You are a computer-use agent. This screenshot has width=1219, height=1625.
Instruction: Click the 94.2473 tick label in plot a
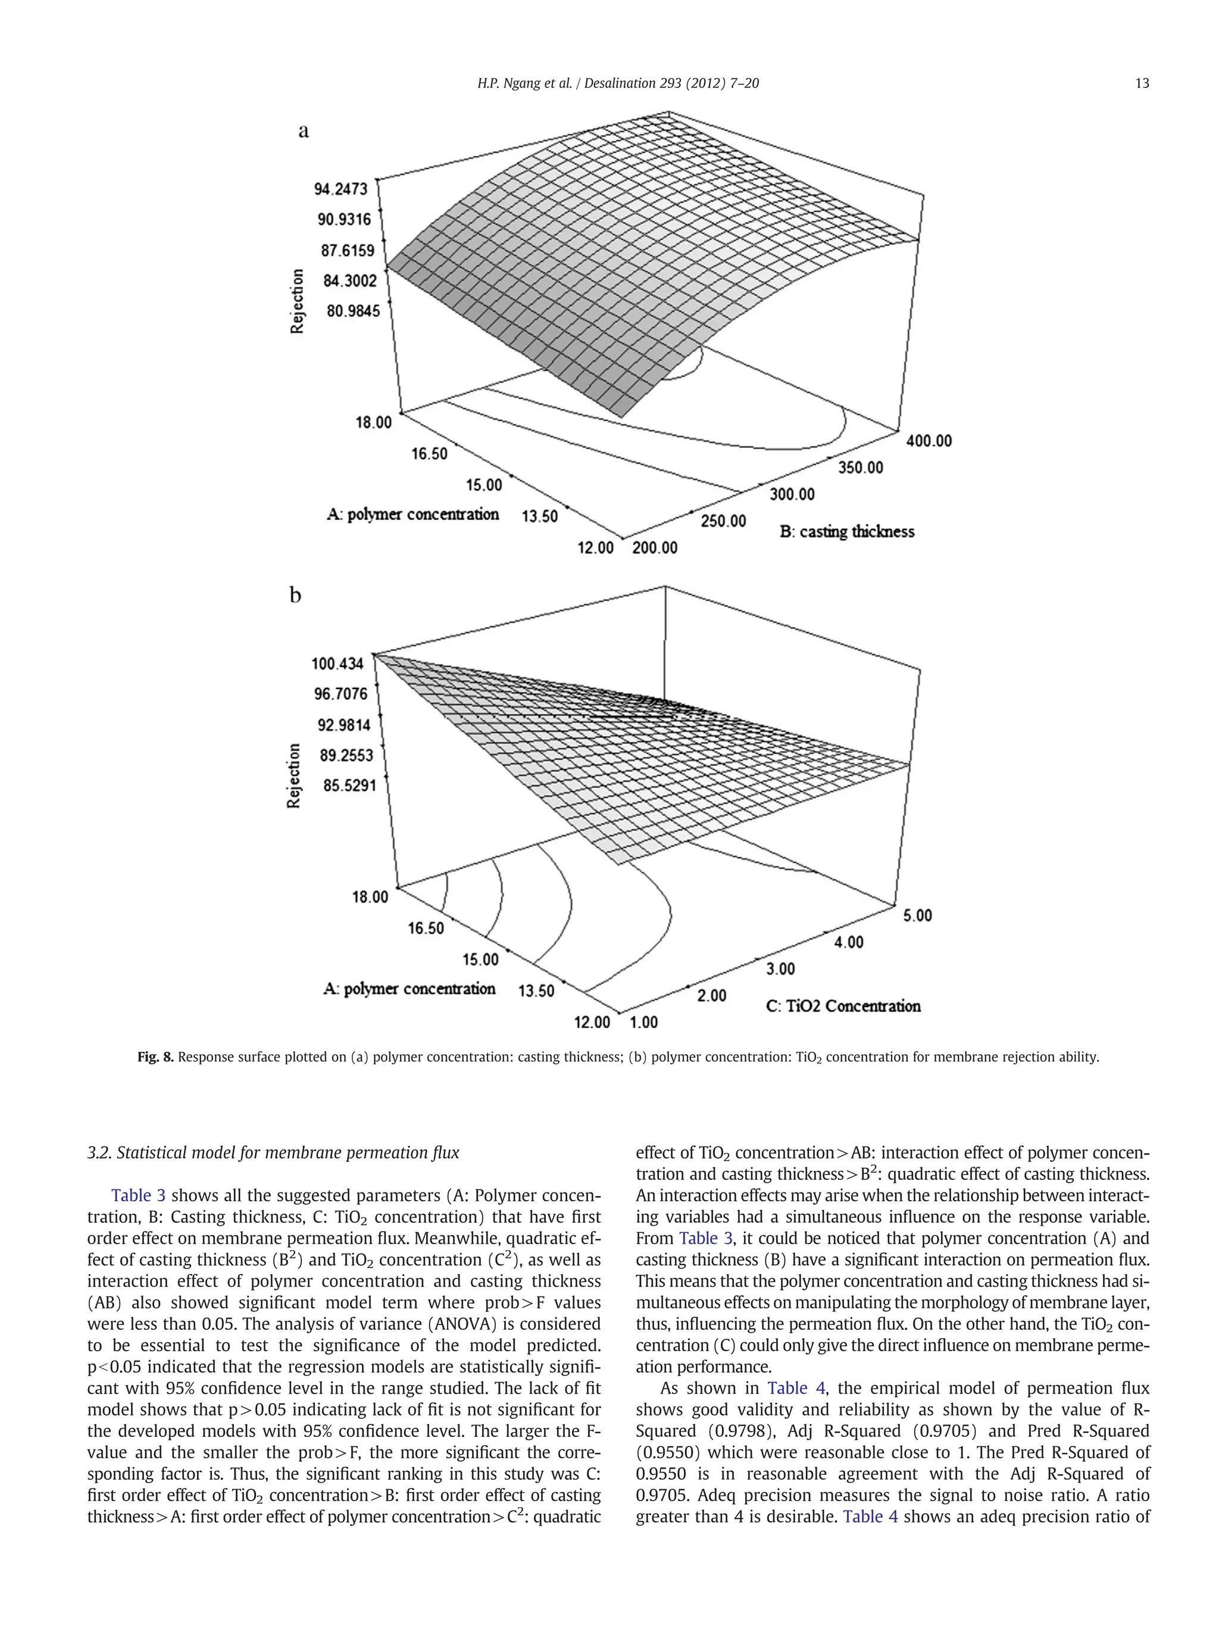click(x=340, y=189)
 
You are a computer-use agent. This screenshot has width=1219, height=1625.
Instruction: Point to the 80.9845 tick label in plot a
click(x=354, y=311)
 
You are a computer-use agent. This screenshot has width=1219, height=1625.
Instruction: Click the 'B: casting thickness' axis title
click(x=846, y=531)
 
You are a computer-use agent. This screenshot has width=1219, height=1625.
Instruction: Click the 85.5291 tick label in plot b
click(x=349, y=785)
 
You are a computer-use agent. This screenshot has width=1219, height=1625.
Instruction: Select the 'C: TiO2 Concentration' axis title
click(x=843, y=1006)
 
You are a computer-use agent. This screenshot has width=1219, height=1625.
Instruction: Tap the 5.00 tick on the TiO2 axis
click(x=918, y=915)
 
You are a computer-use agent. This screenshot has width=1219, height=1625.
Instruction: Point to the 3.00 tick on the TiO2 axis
click(x=780, y=969)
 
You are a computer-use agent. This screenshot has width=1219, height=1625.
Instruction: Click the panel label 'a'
click(x=304, y=131)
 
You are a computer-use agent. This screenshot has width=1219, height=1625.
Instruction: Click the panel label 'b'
click(x=295, y=594)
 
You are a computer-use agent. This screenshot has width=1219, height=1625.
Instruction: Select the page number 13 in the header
click(x=1141, y=83)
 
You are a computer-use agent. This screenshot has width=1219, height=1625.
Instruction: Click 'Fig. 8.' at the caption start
click(x=155, y=1057)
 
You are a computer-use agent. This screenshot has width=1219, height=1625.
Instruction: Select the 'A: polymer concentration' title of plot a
click(x=412, y=514)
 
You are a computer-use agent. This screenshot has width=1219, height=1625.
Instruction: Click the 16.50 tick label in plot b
click(x=426, y=928)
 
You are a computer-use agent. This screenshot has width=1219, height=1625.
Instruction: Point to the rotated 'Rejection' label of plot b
click(x=294, y=776)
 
